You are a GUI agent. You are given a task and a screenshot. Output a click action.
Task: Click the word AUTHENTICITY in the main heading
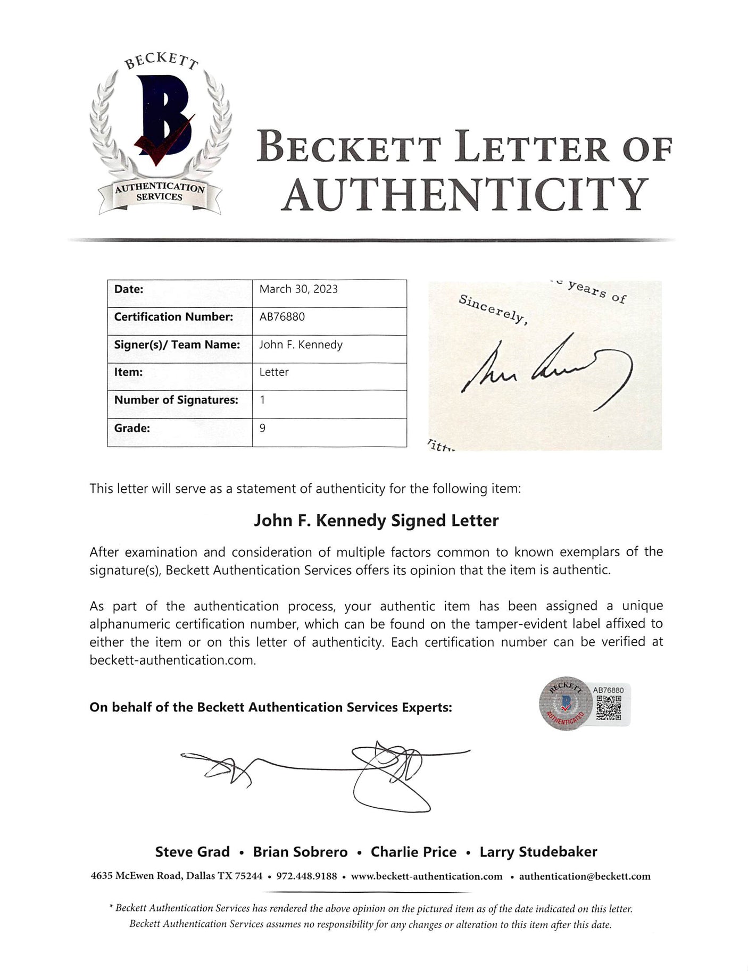pos(464,195)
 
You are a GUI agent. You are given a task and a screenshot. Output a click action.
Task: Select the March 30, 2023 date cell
pos(298,289)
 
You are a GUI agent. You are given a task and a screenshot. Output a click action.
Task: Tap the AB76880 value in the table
pos(282,317)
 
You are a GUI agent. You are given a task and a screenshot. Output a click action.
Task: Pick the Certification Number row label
pos(173,317)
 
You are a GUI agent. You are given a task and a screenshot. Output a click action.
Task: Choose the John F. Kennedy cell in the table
pos(301,345)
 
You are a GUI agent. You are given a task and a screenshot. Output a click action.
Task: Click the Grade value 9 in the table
pos(263,428)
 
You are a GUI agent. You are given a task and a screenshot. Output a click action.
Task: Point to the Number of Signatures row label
pos(176,400)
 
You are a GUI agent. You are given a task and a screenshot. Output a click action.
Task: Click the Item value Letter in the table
pos(274,372)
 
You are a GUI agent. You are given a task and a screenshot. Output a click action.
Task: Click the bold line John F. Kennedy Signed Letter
pos(376,521)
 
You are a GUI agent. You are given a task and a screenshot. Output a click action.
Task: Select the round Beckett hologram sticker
pos(566,703)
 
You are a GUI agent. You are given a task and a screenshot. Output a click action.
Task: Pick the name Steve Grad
pos(192,852)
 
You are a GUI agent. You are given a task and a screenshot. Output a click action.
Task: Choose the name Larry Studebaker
pos(538,852)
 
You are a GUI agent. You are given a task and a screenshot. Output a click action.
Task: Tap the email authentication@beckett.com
pos(584,876)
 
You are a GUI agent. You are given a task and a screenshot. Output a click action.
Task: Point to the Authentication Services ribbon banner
pos(160,192)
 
